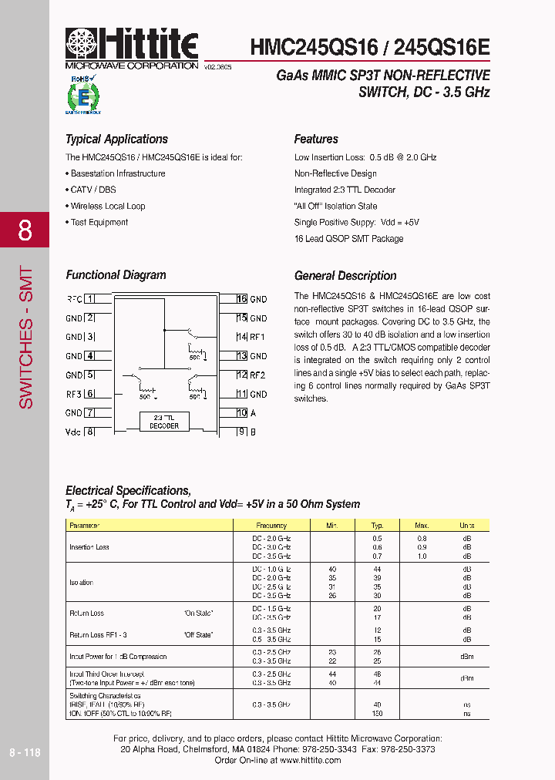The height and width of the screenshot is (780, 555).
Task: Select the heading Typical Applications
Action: pyautogui.click(x=116, y=140)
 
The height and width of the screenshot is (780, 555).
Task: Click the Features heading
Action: pyautogui.click(x=316, y=140)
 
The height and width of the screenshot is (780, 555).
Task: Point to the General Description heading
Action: pyautogui.click(x=345, y=276)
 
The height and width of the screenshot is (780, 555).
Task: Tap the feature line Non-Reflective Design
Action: pyautogui.click(x=335, y=173)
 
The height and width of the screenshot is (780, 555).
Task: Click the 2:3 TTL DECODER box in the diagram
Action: pyautogui.click(x=163, y=422)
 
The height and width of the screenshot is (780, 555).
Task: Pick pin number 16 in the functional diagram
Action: pyautogui.click(x=241, y=299)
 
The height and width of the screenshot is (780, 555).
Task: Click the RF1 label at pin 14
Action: pyautogui.click(x=257, y=337)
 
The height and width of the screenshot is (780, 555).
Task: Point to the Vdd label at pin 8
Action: pyautogui.click(x=74, y=432)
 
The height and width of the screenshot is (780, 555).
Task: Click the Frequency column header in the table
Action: pyautogui.click(x=271, y=525)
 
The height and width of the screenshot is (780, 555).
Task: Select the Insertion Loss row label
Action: pyautogui.click(x=89, y=546)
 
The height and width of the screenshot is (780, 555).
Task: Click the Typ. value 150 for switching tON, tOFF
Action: pyautogui.click(x=377, y=714)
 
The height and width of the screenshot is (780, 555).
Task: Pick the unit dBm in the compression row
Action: pyautogui.click(x=466, y=657)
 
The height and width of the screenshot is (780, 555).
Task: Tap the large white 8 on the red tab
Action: pyautogui.click(x=25, y=230)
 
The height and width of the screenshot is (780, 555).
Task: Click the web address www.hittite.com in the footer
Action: pyautogui.click(x=305, y=760)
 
